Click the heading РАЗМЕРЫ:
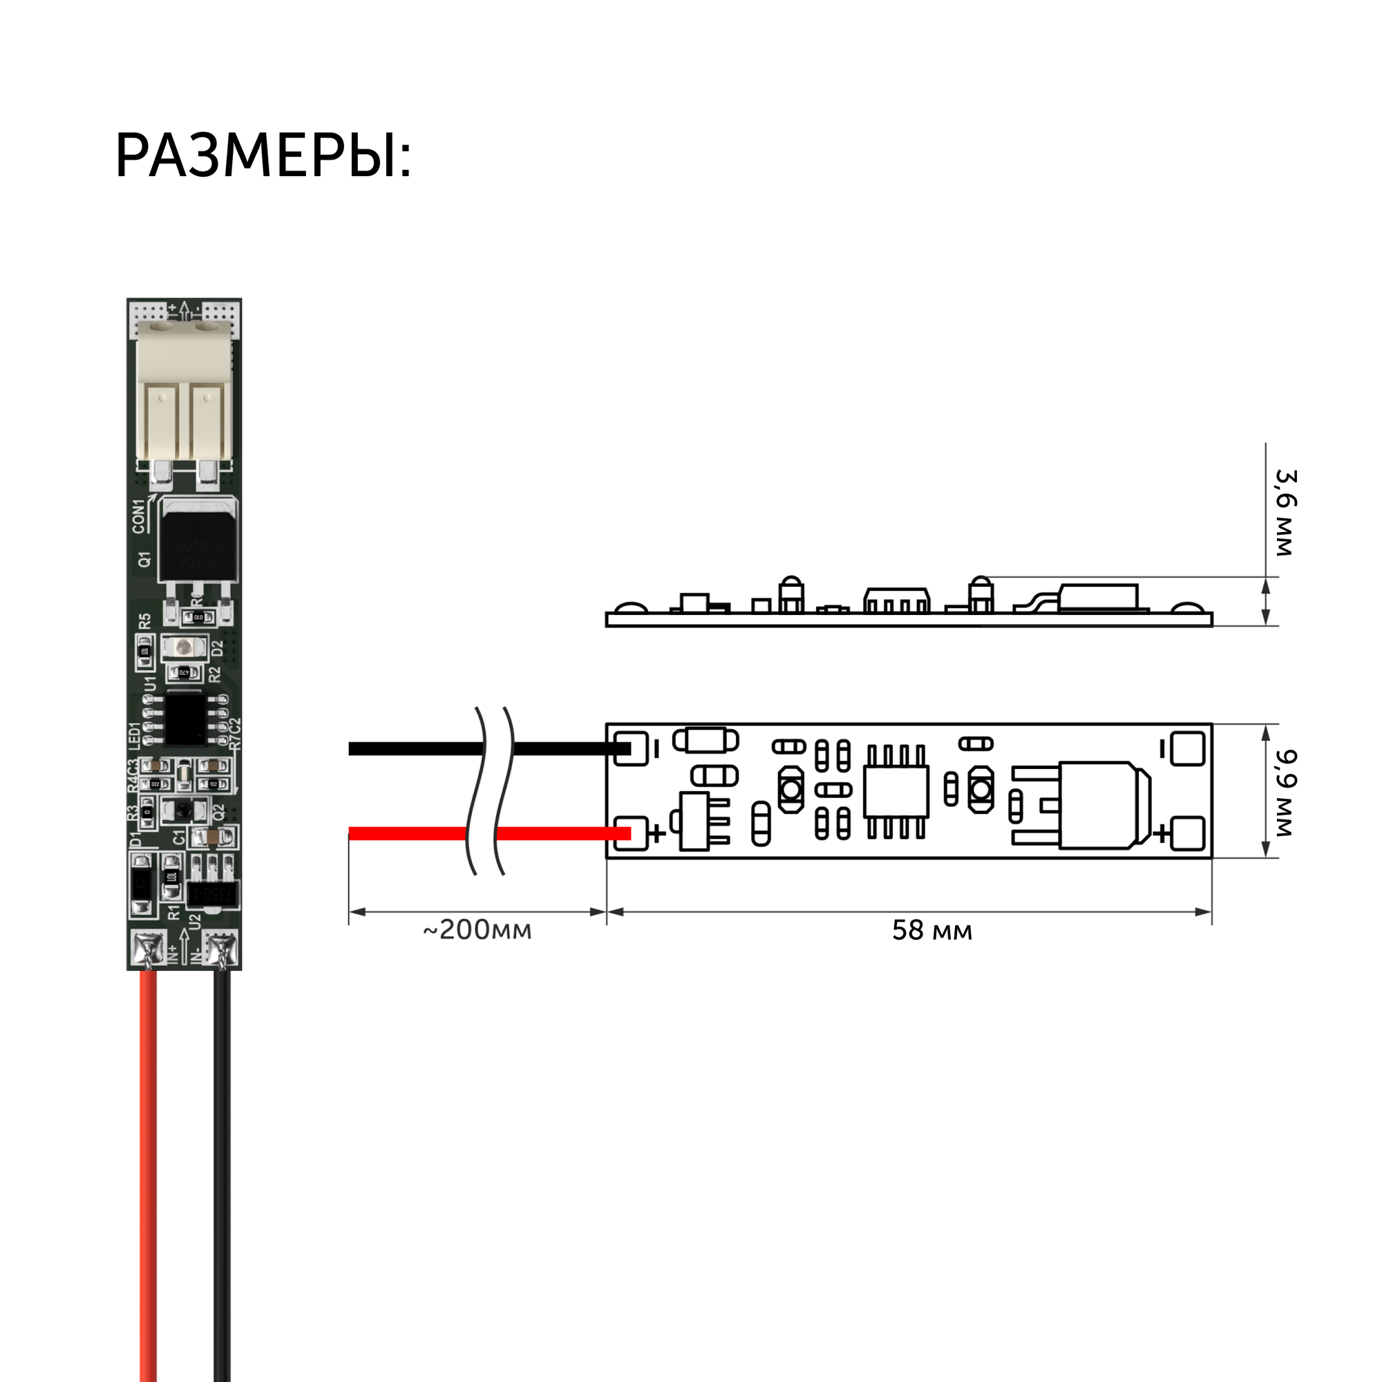point(263,156)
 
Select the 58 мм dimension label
point(931,931)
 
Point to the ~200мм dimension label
point(477,930)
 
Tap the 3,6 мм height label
point(1285,513)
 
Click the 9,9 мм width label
point(1285,793)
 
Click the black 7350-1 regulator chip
point(212,894)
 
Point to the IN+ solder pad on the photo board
point(148,949)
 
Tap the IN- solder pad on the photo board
point(222,949)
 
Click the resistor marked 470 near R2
point(184,672)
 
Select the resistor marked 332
point(155,784)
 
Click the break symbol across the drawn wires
point(490,791)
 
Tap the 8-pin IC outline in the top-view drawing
point(896,791)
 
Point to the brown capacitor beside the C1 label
point(212,836)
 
